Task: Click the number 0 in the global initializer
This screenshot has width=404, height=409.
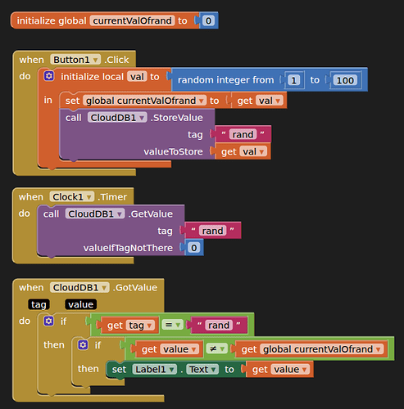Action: pos(208,20)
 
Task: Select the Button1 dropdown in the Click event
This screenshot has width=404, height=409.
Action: pos(75,60)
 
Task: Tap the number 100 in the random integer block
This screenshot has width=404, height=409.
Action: pos(345,80)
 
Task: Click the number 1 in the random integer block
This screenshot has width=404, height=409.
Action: pos(293,80)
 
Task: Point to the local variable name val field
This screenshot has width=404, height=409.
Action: pos(137,77)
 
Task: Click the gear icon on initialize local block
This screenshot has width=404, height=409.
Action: pos(49,76)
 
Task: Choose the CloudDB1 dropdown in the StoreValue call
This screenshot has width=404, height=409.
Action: pos(117,118)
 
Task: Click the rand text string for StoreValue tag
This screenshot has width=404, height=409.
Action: pos(243,134)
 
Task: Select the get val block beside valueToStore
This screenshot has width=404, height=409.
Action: pos(243,151)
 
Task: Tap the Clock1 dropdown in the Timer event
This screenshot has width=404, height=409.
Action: pos(72,197)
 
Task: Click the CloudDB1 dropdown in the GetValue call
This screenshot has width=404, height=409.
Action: pos(95,214)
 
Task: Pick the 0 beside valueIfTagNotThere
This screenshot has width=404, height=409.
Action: pos(193,248)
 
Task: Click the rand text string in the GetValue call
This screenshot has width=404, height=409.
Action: pos(213,231)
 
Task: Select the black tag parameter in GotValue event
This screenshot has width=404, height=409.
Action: pos(39,304)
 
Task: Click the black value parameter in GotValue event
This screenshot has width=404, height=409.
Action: pos(81,304)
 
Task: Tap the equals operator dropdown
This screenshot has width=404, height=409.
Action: pos(172,325)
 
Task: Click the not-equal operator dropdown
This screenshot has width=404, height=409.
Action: pos(216,349)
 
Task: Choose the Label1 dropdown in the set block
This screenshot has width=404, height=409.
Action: pos(155,370)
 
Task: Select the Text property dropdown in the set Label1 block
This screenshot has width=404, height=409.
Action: pos(202,370)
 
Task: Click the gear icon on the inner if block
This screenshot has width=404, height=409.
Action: pos(83,345)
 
